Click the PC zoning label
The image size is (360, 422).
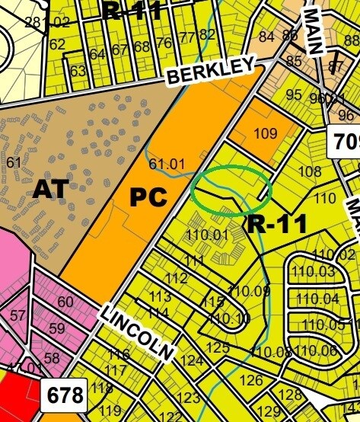[x=148, y=197]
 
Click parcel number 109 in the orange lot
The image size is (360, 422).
[x=266, y=134]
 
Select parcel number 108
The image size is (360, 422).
[x=309, y=171]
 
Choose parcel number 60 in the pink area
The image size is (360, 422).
[x=65, y=302]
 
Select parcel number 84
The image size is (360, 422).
[x=266, y=36]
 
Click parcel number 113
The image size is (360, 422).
[x=160, y=297]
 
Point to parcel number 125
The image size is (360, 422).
[x=218, y=347]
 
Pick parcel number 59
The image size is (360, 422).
[x=56, y=330]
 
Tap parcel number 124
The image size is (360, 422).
[x=192, y=360]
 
